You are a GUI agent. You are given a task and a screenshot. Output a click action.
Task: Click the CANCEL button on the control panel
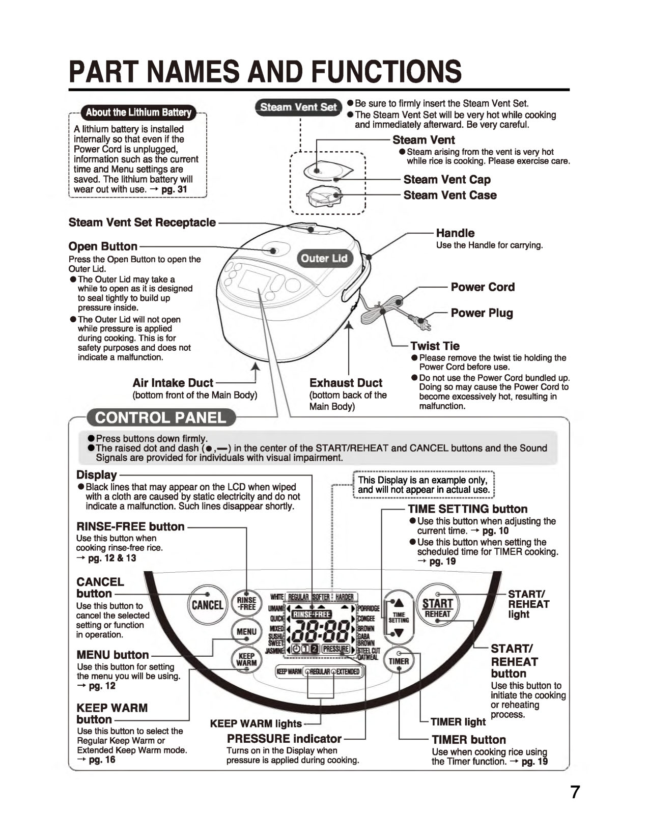coord(207,605)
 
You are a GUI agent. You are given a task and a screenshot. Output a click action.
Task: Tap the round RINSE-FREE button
coord(246,604)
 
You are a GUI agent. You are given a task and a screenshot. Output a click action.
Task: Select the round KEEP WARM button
coord(246,660)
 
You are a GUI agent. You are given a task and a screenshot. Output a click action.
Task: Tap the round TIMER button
coord(399,661)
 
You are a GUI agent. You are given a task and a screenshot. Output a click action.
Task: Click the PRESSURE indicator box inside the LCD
coord(335,649)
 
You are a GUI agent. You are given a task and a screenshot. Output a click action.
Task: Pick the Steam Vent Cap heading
coord(447,179)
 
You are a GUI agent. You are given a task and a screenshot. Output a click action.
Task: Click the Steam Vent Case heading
coord(450,195)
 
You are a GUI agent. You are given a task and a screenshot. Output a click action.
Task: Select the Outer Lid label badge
coord(324,258)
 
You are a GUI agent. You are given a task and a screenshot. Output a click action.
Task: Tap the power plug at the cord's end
coord(421,322)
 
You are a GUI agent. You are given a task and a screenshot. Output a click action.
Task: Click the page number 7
coord(574,792)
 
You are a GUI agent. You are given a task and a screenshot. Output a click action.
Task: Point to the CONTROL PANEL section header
coord(160,418)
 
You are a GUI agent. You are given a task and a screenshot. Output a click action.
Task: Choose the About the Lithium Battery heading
coord(138,113)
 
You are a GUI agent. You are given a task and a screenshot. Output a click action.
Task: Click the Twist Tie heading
coord(435,346)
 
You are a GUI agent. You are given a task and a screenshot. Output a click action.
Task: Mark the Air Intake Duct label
coord(173,383)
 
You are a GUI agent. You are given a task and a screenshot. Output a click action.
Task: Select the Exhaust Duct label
coord(346,383)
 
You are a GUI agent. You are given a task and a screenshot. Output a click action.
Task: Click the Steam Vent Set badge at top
coord(298,107)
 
